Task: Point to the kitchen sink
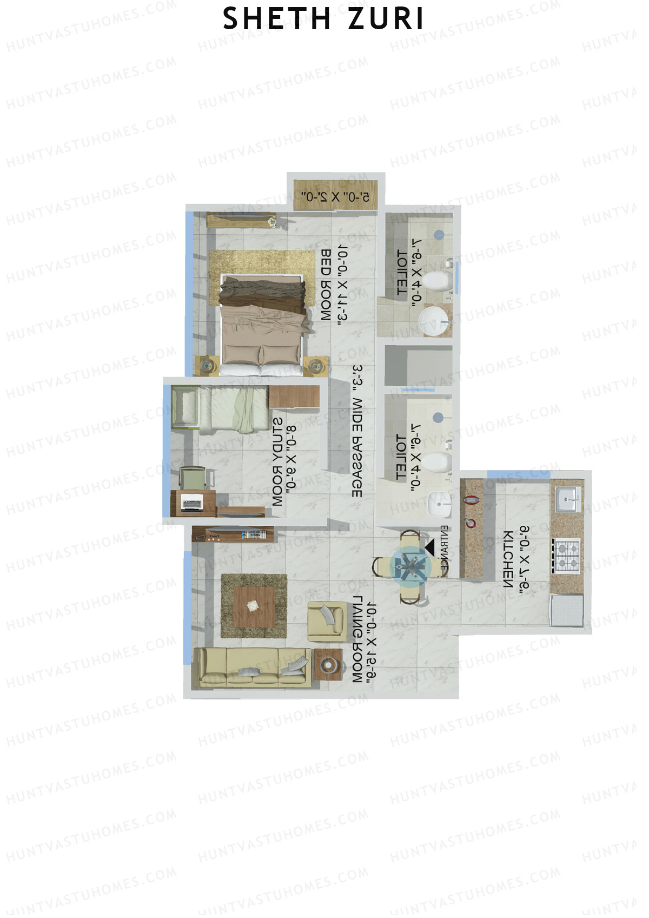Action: tap(567, 499)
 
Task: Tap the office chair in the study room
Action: tap(193, 479)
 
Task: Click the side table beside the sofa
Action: tap(328, 664)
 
